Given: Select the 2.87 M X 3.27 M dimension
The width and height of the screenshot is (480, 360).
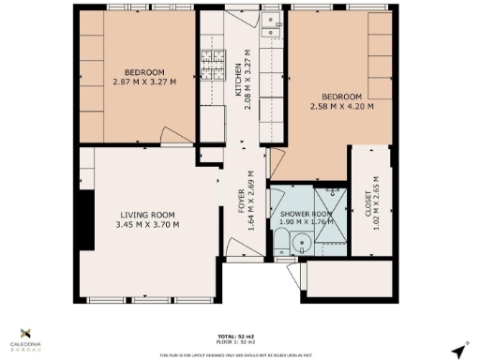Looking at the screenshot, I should (144, 82).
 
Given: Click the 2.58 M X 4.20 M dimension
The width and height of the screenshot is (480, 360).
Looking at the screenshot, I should (341, 106).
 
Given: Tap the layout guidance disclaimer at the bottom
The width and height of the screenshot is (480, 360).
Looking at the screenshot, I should (240, 355).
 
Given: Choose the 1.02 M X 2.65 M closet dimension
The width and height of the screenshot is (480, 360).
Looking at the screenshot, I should (376, 202).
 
